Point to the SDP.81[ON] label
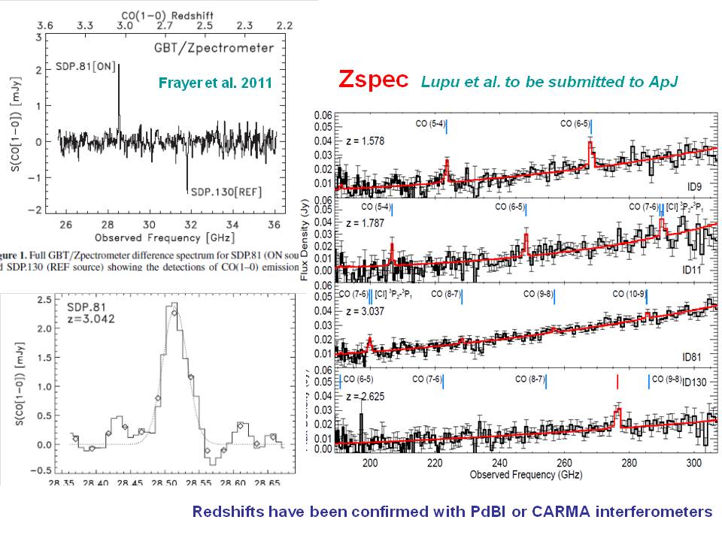click(85, 66)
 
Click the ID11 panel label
click(692, 268)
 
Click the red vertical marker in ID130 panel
click(617, 381)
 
